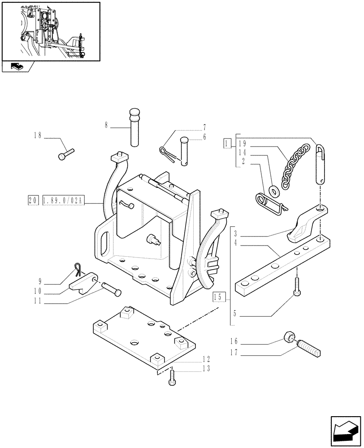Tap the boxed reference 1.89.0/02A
click(63, 201)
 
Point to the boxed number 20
click(32, 201)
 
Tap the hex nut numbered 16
click(289, 337)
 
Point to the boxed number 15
click(218, 297)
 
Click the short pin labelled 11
click(111, 288)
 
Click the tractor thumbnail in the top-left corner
click(50, 31)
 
